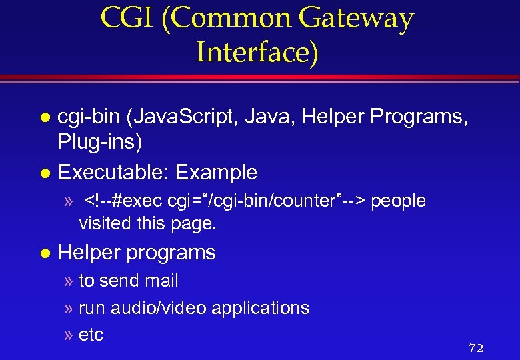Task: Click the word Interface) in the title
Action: (257, 52)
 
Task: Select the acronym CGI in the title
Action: (129, 19)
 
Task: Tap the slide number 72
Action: (476, 348)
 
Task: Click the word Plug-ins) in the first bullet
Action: (101, 142)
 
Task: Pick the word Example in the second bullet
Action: (216, 173)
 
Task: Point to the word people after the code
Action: (398, 201)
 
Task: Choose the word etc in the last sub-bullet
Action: (91, 335)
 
